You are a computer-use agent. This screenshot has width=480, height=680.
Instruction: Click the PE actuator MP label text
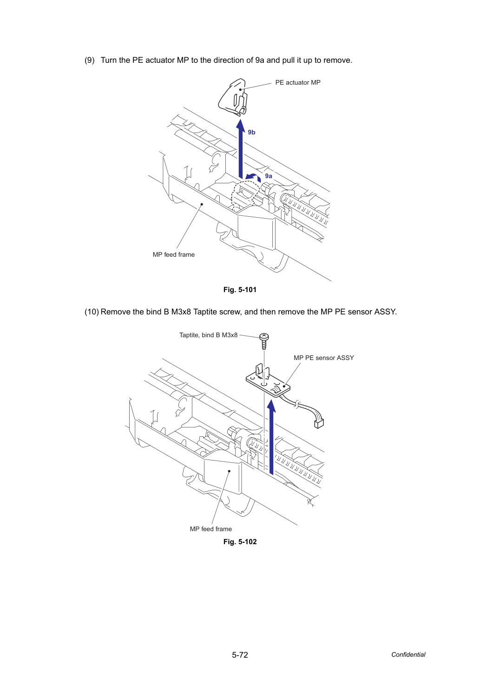[297, 83]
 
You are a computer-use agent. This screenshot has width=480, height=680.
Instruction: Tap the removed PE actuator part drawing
[233, 97]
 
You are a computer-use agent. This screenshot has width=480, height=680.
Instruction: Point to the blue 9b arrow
[241, 149]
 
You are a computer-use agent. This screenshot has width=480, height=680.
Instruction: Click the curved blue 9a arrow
[253, 177]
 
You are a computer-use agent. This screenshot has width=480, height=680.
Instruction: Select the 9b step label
[251, 132]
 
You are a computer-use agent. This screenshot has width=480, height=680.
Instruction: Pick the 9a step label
[269, 176]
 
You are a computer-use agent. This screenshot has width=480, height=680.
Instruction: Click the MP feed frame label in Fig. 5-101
[173, 254]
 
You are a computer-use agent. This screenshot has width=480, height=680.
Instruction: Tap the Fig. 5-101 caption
[240, 290]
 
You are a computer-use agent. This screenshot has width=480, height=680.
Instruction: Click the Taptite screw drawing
[264, 341]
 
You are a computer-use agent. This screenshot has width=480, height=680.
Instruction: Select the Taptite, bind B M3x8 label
[208, 335]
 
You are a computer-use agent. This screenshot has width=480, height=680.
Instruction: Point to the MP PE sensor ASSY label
[323, 358]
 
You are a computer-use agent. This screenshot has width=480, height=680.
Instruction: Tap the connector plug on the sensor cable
[319, 423]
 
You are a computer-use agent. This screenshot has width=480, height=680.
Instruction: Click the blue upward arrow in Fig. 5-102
[271, 437]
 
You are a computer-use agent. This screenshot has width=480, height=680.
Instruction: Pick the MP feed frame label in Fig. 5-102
[211, 529]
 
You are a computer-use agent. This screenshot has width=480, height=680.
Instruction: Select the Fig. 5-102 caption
[240, 541]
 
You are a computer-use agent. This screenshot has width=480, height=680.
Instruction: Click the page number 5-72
[240, 655]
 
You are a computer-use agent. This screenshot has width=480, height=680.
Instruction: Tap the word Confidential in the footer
[408, 654]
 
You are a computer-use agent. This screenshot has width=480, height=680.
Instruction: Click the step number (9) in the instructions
[90, 60]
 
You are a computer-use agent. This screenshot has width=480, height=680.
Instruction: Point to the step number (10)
[92, 312]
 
